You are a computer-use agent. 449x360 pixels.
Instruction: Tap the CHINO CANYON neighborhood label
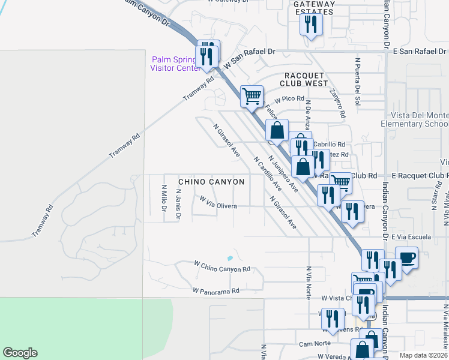(x=211, y=181)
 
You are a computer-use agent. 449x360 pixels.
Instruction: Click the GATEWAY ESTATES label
(x=313, y=8)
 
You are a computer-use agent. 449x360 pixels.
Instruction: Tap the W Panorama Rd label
(x=215, y=290)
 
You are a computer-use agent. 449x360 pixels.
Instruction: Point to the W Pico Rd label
(x=290, y=99)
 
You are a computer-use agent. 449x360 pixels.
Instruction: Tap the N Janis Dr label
(x=178, y=204)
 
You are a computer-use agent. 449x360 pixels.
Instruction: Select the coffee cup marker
(x=406, y=257)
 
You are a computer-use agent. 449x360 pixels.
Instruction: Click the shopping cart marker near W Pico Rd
(x=252, y=95)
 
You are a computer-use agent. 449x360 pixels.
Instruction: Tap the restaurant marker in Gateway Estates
(x=311, y=24)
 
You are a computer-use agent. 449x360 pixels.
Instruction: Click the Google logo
(x=20, y=353)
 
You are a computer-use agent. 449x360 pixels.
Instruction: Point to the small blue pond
(x=229, y=259)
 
